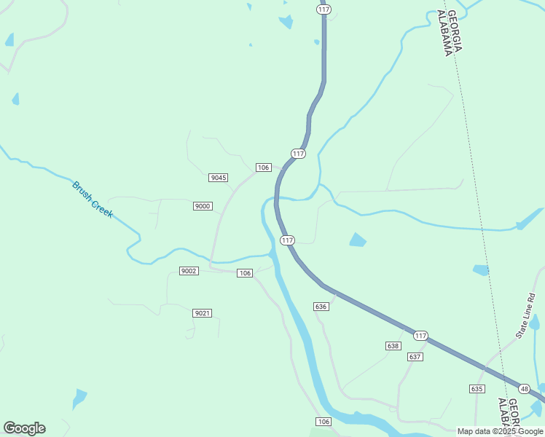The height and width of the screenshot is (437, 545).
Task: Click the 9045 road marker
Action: (x=218, y=178)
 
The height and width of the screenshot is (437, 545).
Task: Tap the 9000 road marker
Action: (x=203, y=206)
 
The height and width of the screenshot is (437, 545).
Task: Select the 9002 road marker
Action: (x=189, y=271)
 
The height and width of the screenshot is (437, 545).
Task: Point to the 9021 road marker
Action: (x=203, y=313)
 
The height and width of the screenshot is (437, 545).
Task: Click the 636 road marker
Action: (x=321, y=307)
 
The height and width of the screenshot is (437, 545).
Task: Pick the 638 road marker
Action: (x=393, y=346)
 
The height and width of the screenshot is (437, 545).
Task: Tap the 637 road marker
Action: (x=415, y=357)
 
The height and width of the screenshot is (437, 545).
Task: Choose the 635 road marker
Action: (x=477, y=389)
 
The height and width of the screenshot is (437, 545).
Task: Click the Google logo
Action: (x=24, y=428)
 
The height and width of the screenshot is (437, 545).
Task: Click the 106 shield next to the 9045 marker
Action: (x=264, y=168)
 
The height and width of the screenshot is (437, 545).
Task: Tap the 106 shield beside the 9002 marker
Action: (x=245, y=273)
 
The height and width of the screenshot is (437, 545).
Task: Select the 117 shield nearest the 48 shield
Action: (x=420, y=335)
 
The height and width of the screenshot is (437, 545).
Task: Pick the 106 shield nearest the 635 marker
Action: (x=324, y=422)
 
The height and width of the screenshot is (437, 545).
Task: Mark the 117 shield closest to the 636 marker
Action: (x=287, y=240)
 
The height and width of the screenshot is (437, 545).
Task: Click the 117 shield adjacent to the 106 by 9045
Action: (x=298, y=154)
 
